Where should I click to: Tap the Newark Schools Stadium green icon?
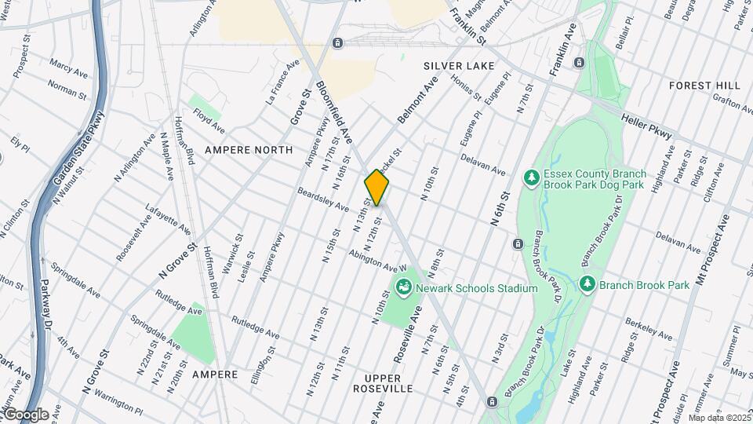click(x=404, y=288)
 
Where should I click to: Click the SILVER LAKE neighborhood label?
click(x=459, y=66)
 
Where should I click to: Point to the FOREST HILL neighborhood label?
click(x=704, y=85)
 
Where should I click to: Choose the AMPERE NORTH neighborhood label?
click(x=249, y=149)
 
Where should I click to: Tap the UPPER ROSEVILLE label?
click(x=383, y=382)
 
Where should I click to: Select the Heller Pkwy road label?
click(x=647, y=126)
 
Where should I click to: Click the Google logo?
click(x=25, y=414)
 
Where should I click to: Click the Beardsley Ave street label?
click(x=322, y=199)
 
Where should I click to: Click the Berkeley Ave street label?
click(x=649, y=329)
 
